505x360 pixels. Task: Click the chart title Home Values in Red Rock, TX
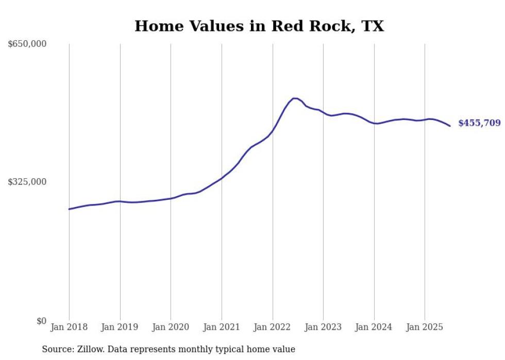pyautogui.click(x=259, y=26)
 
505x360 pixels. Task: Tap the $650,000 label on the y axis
pyautogui.click(x=27, y=44)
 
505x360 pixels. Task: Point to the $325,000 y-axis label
pyautogui.click(x=27, y=182)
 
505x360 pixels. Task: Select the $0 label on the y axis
pyautogui.click(x=41, y=321)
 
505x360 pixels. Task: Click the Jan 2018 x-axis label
pyautogui.click(x=69, y=327)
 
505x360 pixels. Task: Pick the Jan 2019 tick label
pyautogui.click(x=120, y=327)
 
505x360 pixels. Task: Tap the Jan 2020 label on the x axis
pyautogui.click(x=171, y=327)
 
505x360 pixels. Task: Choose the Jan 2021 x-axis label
pyautogui.click(x=222, y=327)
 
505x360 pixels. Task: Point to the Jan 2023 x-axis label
pyautogui.click(x=323, y=327)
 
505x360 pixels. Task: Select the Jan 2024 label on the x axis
pyautogui.click(x=374, y=327)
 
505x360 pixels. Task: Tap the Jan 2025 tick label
pyautogui.click(x=425, y=327)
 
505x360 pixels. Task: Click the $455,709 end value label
pyautogui.click(x=479, y=123)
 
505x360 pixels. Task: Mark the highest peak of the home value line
pyautogui.click(x=295, y=98)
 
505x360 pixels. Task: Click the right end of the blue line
pyautogui.click(x=450, y=126)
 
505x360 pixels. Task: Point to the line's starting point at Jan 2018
pyautogui.click(x=69, y=209)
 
